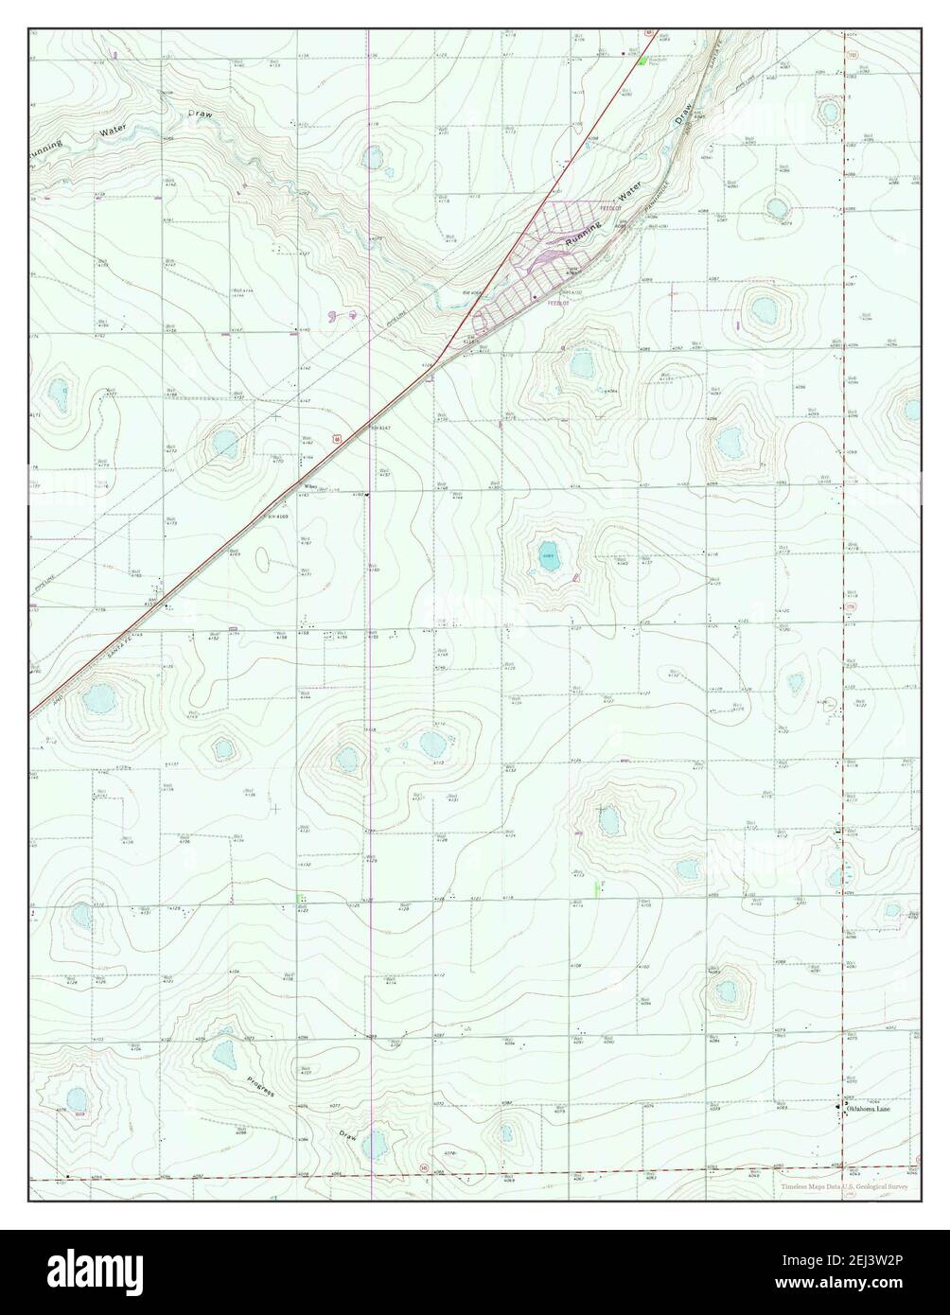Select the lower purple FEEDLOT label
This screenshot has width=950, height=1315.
point(557,304)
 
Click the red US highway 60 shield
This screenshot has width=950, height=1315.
point(336,438)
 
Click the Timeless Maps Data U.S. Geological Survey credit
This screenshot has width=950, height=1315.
point(844,1187)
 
